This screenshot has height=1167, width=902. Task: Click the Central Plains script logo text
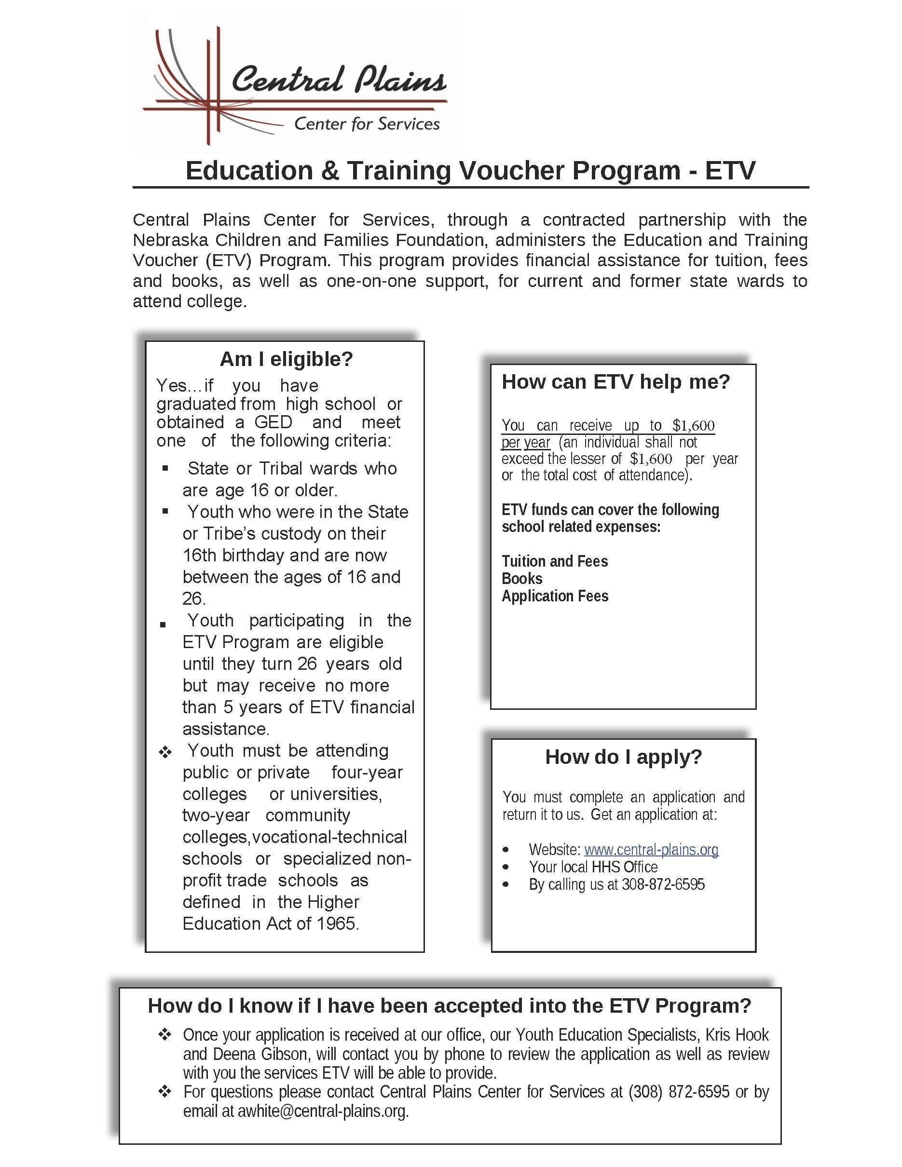click(338, 80)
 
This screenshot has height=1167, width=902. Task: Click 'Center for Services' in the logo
click(367, 124)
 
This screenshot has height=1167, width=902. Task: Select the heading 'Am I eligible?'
click(287, 359)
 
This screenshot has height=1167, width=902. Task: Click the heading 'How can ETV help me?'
click(615, 381)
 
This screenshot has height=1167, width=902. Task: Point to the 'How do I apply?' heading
click(623, 757)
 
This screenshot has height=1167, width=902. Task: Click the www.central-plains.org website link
click(651, 850)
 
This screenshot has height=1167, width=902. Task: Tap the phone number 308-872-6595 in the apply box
click(663, 884)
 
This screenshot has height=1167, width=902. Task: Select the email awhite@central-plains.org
click(322, 1111)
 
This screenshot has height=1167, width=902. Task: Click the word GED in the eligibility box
click(273, 422)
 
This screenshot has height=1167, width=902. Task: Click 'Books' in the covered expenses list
click(521, 579)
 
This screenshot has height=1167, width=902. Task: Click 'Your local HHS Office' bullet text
click(593, 867)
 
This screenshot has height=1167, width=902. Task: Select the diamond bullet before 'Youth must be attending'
click(165, 752)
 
